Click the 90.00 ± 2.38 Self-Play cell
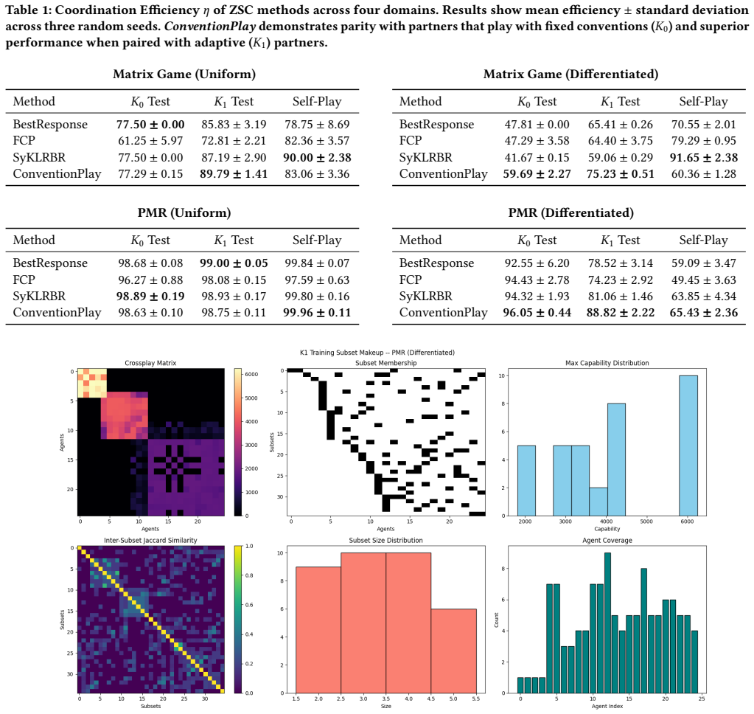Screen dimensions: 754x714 point(318,157)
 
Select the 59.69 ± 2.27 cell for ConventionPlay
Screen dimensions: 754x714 point(537,173)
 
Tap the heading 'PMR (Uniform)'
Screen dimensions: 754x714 point(184,212)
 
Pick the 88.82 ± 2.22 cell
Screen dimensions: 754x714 point(621,313)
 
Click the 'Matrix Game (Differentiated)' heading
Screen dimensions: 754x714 point(570,74)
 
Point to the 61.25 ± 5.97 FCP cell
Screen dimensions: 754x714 point(150,140)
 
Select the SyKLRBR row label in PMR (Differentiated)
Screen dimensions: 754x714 point(425,297)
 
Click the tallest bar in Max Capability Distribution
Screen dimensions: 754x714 point(688,446)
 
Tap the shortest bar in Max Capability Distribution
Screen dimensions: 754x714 point(598,502)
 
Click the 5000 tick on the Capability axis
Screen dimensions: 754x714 point(646,521)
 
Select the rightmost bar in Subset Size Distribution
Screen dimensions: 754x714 point(453,651)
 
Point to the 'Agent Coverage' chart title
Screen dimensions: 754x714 point(607,541)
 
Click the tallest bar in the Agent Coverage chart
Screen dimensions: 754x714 point(607,623)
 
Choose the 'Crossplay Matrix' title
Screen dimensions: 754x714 point(150,363)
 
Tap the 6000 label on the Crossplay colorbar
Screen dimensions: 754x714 point(251,374)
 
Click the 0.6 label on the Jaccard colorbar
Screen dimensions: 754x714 point(249,605)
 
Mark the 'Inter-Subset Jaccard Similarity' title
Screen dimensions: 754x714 point(150,541)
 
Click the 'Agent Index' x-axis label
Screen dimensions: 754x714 point(607,707)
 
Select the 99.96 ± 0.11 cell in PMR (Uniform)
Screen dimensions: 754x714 point(317,313)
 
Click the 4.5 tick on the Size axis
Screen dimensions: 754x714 point(431,699)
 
